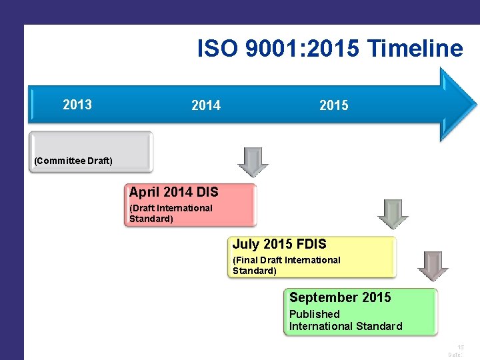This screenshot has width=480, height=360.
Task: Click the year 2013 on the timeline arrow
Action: [77, 105]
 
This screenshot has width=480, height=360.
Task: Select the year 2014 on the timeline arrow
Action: [206, 105]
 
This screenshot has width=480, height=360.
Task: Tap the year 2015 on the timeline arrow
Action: [333, 105]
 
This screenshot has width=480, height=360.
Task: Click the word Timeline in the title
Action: [415, 49]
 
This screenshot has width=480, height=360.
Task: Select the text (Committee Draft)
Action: [73, 161]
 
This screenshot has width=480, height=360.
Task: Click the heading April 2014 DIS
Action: [173, 192]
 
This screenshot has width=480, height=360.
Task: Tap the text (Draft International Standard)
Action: [171, 213]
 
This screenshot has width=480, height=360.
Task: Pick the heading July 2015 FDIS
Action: [279, 245]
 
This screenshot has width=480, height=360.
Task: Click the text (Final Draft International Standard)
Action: [286, 265]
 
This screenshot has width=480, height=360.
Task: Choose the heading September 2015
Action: [340, 297]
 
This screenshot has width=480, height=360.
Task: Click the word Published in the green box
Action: [314, 314]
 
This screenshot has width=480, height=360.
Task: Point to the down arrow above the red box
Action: [253, 162]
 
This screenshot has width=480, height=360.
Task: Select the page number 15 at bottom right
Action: [460, 347]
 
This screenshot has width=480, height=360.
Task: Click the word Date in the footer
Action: [455, 355]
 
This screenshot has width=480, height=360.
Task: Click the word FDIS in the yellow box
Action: [309, 245]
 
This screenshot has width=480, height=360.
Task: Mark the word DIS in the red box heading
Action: [207, 192]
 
